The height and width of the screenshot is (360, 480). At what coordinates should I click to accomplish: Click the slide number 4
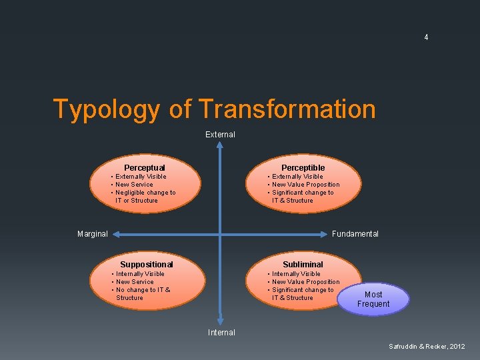426,38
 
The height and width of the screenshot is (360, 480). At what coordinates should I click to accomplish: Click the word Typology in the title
106,109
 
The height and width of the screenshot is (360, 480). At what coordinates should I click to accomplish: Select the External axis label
220,135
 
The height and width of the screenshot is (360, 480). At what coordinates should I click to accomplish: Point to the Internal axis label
221,332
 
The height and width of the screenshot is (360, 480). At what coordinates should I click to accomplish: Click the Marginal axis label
92,234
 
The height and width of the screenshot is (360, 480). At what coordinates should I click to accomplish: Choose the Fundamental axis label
355,234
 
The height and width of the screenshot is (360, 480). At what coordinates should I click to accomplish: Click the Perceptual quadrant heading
145,167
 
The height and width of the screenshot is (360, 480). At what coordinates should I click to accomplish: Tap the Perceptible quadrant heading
303,167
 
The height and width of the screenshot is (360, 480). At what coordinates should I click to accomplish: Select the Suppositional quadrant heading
146,265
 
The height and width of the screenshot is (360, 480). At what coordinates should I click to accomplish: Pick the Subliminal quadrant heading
303,265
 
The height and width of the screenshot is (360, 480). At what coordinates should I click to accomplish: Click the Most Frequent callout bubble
373,299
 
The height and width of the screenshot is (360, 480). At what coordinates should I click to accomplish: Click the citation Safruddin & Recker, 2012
427,346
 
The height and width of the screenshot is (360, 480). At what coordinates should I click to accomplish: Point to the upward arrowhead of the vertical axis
220,145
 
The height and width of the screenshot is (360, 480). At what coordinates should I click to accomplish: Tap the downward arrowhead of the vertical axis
220,321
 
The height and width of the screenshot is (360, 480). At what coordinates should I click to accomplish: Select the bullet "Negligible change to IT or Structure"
145,197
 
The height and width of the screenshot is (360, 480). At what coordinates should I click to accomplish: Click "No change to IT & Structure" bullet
143,294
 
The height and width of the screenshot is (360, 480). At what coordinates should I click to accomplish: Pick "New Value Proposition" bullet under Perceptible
305,185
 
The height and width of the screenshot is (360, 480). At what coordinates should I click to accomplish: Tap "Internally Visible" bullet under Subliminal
296,274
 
